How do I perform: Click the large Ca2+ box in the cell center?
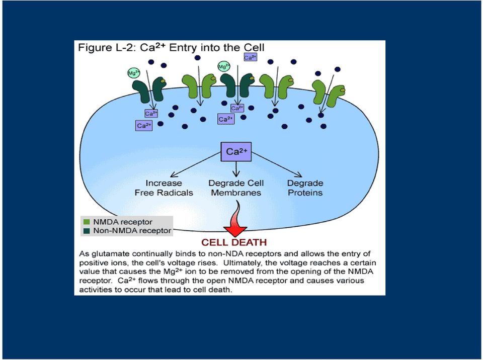click(x=236, y=151)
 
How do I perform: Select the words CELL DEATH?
click(x=234, y=242)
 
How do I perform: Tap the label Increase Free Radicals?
click(x=164, y=188)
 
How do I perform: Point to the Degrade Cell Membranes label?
click(x=236, y=188)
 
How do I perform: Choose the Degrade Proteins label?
click(x=305, y=188)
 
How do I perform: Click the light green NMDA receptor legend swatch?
click(x=87, y=222)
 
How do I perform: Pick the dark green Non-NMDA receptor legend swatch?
click(x=87, y=231)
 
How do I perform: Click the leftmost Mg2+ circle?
click(x=134, y=73)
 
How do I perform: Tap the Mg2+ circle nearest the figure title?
click(x=224, y=66)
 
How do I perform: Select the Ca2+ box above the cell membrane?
click(x=250, y=57)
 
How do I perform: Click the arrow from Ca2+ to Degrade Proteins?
click(x=277, y=165)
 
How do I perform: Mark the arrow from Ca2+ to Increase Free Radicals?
click(x=196, y=165)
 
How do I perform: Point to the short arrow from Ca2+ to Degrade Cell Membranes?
click(x=236, y=169)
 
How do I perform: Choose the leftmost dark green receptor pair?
click(x=149, y=89)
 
